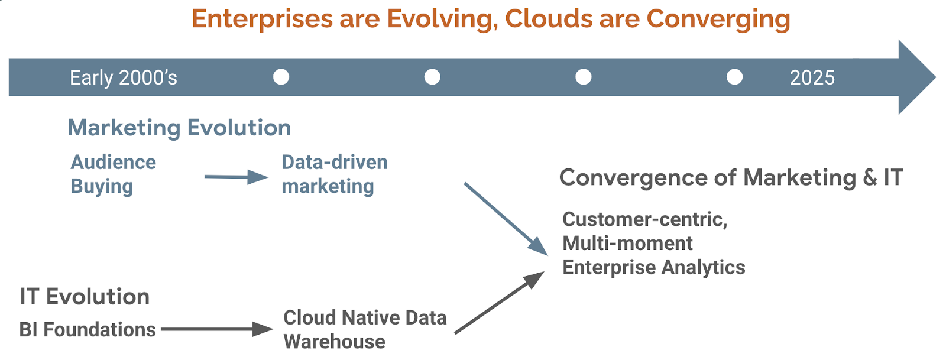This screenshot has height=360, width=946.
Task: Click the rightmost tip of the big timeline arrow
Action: (937, 77)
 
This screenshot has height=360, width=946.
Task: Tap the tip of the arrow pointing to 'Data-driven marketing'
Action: (268, 177)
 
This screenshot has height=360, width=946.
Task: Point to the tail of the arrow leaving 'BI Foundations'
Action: (161, 329)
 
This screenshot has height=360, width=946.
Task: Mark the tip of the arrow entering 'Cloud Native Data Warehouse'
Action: (273, 329)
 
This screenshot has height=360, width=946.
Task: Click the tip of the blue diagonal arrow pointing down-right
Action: (547, 255)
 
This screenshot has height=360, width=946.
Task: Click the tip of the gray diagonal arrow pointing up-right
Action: (545, 272)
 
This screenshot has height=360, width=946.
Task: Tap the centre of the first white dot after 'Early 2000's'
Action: (281, 77)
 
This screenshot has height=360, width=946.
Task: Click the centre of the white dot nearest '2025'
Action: (734, 77)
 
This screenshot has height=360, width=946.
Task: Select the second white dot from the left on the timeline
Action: (432, 77)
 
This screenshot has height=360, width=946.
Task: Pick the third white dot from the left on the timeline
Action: (583, 77)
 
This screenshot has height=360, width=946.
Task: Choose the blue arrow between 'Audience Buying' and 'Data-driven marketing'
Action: (237, 177)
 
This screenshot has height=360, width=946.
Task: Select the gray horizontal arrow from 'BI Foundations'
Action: (217, 329)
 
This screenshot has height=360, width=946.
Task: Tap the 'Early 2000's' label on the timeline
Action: (124, 77)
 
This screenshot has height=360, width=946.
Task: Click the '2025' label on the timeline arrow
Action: (812, 77)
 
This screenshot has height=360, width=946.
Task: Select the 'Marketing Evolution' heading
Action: (180, 128)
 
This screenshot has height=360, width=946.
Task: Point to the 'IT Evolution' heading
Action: (85, 296)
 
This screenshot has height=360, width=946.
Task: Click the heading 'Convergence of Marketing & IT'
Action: (731, 177)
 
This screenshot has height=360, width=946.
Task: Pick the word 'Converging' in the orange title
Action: (718, 20)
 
